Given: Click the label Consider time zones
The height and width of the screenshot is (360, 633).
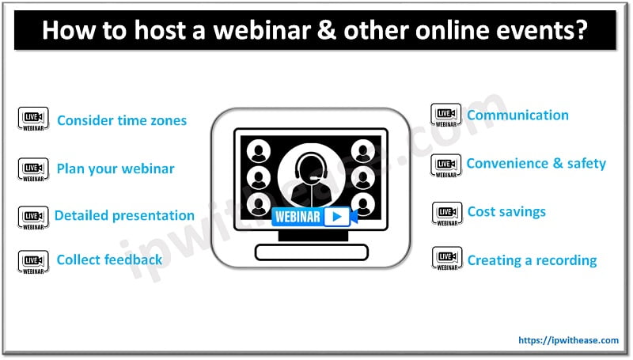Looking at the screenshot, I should [122, 121].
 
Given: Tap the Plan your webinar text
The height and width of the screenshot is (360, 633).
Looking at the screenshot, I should [116, 169].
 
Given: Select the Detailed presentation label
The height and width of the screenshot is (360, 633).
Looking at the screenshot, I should [124, 215].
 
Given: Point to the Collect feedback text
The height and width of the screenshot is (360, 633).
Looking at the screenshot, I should [109, 260].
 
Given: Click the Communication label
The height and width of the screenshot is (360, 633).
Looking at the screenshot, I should [517, 116].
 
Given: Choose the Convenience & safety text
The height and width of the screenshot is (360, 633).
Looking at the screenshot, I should [536, 164].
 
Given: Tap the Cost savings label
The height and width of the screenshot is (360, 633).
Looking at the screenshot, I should [506, 212].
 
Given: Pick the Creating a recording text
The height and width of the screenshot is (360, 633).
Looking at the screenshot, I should [532, 260].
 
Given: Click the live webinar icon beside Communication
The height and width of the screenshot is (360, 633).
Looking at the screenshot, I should [445, 116].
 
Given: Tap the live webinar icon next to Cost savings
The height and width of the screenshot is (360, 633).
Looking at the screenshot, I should [446, 213].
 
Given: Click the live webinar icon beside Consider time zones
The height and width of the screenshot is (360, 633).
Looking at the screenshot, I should [33, 119].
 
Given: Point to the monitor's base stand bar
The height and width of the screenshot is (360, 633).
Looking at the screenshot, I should [311, 252].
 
